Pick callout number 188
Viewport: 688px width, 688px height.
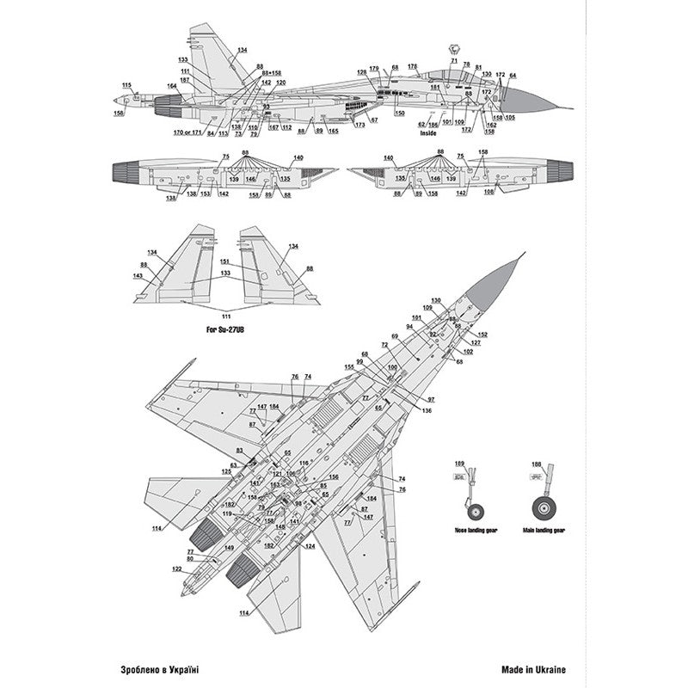[537, 464]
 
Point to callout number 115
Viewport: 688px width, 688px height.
[127, 84]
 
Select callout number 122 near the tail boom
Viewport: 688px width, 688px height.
[175, 569]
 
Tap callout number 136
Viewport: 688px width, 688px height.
[427, 409]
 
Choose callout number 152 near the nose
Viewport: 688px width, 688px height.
[482, 334]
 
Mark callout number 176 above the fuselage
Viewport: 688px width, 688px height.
[412, 66]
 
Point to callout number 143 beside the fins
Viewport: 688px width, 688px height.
[138, 276]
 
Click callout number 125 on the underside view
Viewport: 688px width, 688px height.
[226, 471]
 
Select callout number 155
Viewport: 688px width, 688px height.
[349, 367]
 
